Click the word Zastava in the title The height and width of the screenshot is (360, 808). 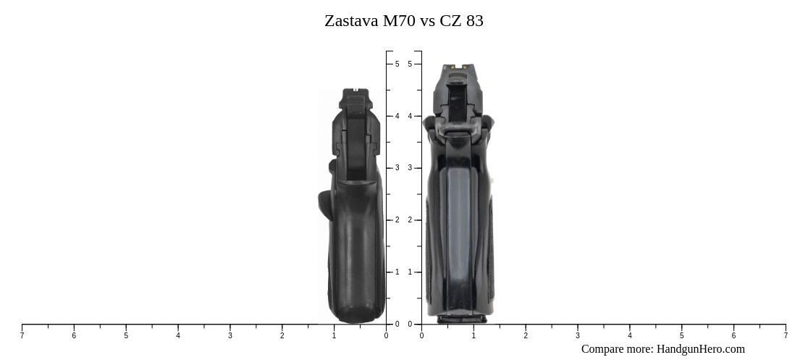351,21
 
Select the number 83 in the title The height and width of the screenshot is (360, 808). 475,21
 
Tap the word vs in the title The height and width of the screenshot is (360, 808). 427,21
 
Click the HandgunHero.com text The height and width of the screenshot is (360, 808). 700,349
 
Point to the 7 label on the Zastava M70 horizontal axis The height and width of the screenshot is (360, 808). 22,335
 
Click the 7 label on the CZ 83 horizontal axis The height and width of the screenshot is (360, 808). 786,335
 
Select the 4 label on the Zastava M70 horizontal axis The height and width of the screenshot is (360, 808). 178,335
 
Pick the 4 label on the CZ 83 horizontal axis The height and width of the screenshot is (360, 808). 629,335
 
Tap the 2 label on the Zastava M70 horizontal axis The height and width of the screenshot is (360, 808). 282,335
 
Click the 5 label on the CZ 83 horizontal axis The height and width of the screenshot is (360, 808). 681,335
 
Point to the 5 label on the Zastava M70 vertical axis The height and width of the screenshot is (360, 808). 397,64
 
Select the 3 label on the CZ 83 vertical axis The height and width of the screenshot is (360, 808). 410,168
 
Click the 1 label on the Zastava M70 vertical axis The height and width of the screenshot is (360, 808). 397,272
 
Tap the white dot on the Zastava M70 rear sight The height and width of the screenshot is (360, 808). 355,91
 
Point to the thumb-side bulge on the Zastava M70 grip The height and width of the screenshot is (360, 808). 324,203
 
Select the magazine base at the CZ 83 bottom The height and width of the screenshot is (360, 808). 456,317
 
